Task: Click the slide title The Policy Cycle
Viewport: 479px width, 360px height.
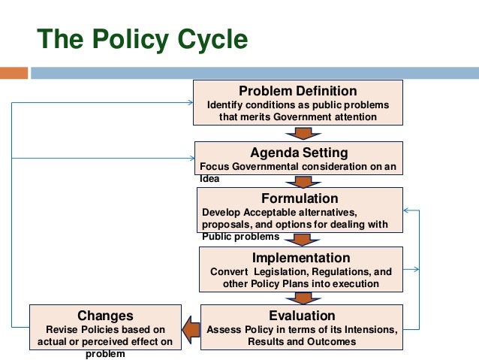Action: (x=143, y=39)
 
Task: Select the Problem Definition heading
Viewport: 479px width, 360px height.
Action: (x=298, y=91)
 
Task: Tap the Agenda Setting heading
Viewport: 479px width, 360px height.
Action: (x=299, y=153)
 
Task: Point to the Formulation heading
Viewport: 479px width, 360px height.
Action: (x=300, y=198)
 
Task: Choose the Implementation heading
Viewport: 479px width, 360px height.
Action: (x=301, y=258)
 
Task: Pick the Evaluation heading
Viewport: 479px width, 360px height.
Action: (x=302, y=315)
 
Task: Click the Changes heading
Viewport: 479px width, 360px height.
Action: (x=105, y=315)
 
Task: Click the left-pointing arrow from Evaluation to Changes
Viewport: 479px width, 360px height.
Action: (x=191, y=327)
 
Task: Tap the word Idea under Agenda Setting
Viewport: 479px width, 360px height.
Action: (x=209, y=179)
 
